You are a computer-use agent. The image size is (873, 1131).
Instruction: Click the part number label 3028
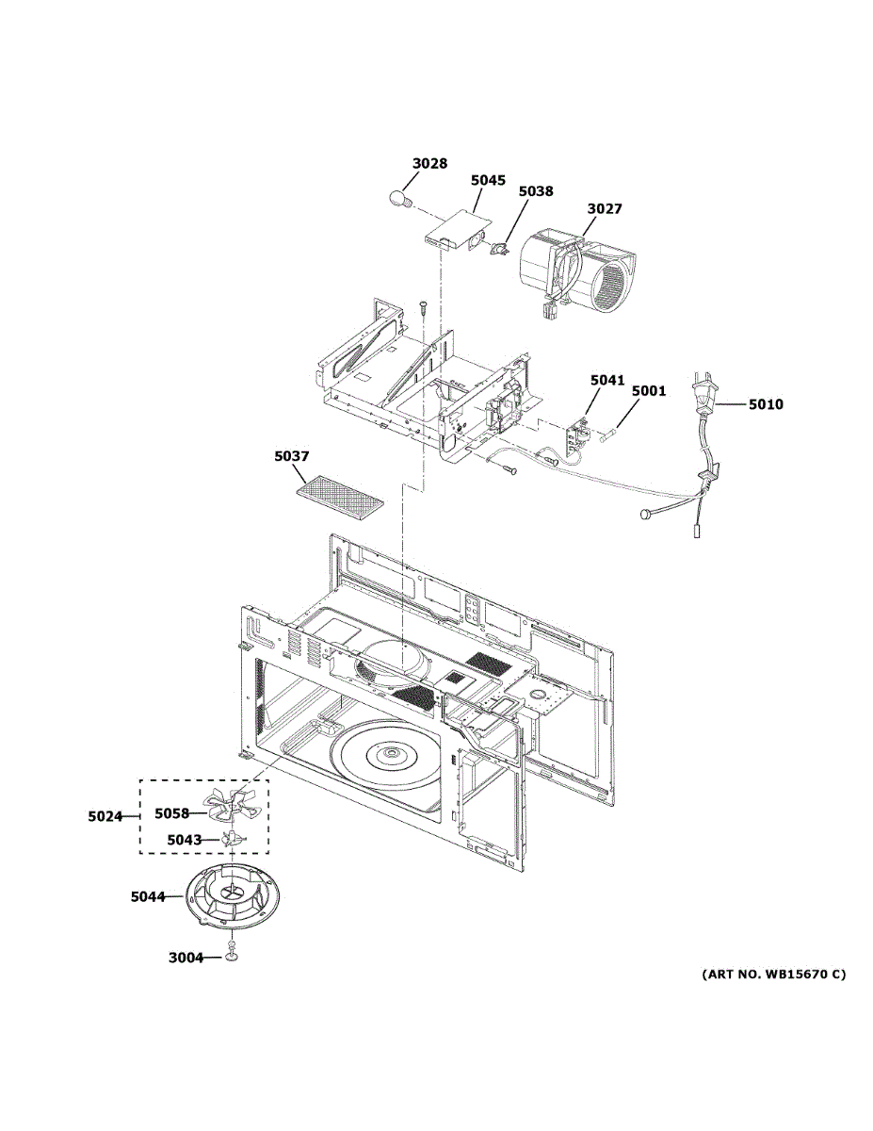click(429, 163)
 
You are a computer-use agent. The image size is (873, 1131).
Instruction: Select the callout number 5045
click(488, 179)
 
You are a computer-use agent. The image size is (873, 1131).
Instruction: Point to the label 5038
click(536, 190)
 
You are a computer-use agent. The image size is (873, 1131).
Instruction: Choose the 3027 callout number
click(605, 208)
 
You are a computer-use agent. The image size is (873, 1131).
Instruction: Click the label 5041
click(607, 380)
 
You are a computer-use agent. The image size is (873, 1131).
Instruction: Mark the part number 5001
click(648, 390)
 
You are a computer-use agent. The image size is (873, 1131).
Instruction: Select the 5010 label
click(766, 405)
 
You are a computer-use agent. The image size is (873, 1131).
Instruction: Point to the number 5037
click(292, 456)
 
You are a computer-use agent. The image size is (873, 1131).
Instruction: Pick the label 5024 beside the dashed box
click(105, 816)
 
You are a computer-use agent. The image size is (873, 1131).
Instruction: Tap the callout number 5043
click(184, 839)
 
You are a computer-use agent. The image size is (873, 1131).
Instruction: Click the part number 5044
click(148, 897)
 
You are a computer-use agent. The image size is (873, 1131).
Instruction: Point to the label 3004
click(186, 958)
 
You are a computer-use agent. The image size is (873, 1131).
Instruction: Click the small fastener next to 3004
click(232, 957)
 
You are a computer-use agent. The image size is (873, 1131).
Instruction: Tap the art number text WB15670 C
click(773, 974)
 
